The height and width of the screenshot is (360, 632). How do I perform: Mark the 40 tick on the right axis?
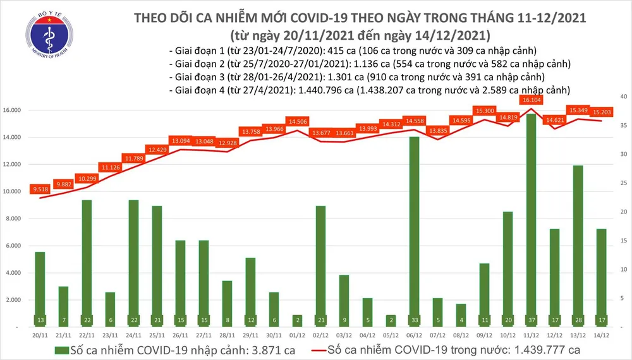coord(623,97)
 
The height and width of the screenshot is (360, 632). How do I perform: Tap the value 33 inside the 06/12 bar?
coord(414,320)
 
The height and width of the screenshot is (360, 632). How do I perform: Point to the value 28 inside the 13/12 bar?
coord(578,320)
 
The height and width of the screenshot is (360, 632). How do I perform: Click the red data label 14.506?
coord(297,121)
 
